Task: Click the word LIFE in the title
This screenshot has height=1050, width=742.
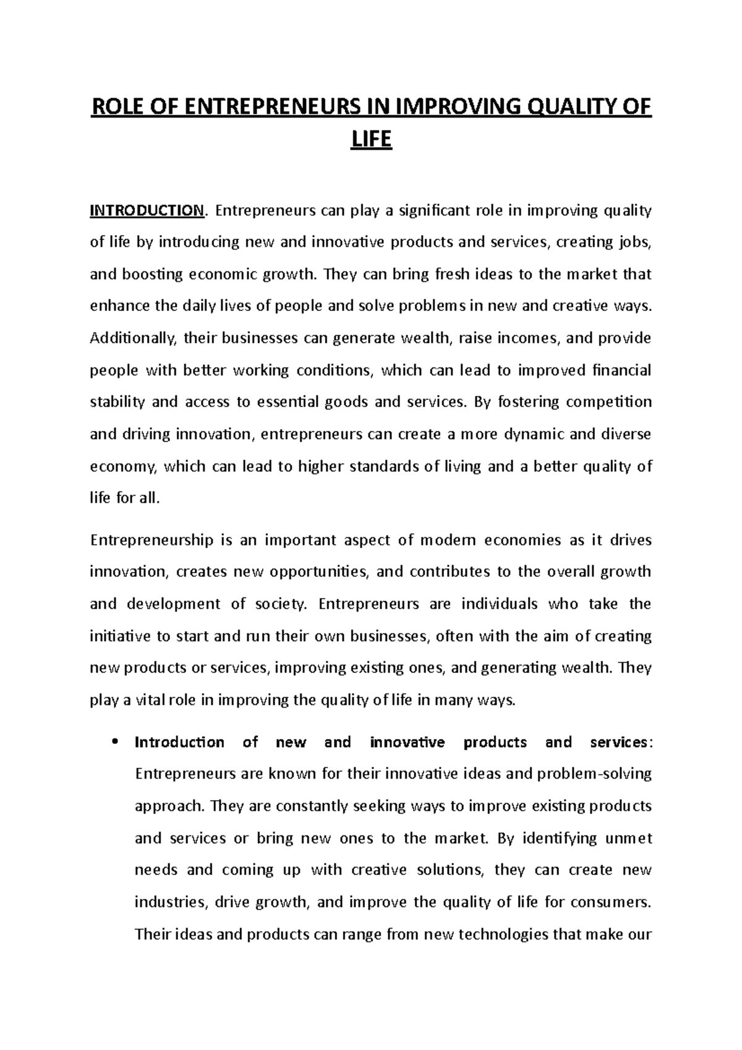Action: pos(371,140)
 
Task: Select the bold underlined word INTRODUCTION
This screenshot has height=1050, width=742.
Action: pos(147,211)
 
